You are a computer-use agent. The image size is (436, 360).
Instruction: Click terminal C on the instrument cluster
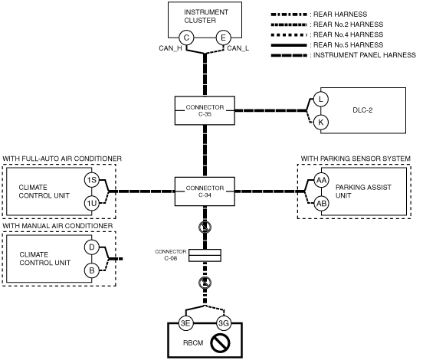click(x=186, y=38)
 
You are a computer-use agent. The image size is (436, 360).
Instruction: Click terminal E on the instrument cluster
click(x=223, y=38)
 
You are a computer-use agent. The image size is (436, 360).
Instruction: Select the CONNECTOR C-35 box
click(x=205, y=110)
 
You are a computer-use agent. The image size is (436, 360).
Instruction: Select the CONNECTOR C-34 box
click(x=205, y=191)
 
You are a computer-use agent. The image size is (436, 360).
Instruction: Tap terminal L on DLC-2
click(x=321, y=99)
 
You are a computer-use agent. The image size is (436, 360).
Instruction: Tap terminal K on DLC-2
click(x=321, y=122)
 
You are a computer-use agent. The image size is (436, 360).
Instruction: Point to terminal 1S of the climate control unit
click(x=92, y=180)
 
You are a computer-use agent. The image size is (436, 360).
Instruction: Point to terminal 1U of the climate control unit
click(x=92, y=203)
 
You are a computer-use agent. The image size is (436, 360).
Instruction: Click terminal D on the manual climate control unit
click(x=92, y=247)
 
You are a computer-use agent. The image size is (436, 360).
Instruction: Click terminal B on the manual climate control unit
click(x=92, y=270)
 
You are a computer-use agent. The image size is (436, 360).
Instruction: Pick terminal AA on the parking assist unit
click(x=321, y=180)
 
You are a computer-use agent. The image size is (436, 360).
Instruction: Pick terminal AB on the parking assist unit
click(x=321, y=203)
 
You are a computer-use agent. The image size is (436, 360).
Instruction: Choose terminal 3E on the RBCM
click(x=185, y=323)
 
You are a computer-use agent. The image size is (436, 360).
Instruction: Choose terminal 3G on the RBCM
click(x=224, y=323)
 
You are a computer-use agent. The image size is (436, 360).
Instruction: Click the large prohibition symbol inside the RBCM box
click(x=220, y=342)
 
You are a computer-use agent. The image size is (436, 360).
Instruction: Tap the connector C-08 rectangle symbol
click(x=205, y=255)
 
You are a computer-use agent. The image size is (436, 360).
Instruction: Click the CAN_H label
click(x=170, y=48)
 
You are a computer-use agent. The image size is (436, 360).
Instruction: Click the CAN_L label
click(x=238, y=48)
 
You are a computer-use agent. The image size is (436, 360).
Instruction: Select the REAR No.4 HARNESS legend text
click(x=348, y=34)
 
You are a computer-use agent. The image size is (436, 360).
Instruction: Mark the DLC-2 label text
click(x=362, y=110)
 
